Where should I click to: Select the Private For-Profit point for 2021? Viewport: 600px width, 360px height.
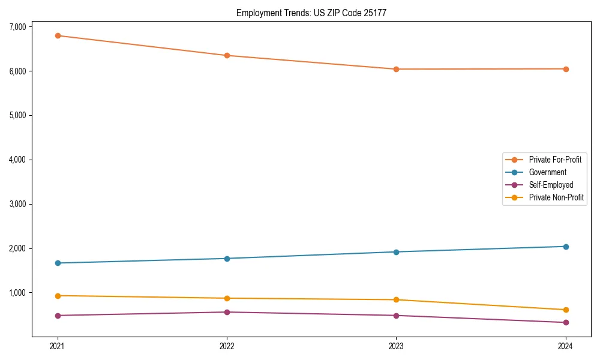tap(58, 35)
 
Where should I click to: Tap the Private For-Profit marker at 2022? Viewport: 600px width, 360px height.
tap(227, 55)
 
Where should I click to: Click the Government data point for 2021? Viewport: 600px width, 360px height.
tap(58, 263)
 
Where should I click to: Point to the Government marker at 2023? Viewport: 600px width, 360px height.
tap(396, 252)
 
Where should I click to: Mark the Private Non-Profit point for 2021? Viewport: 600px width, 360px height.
tap(58, 296)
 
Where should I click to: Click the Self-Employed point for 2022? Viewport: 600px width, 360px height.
tap(227, 312)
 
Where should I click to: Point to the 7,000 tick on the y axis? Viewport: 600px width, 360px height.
tap(17, 27)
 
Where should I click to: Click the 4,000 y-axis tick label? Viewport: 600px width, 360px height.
tap(17, 160)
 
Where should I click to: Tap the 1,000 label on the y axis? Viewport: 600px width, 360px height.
tap(17, 293)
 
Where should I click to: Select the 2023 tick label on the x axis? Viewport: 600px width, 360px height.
tap(396, 346)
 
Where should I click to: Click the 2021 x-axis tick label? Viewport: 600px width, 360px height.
tap(58, 346)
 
